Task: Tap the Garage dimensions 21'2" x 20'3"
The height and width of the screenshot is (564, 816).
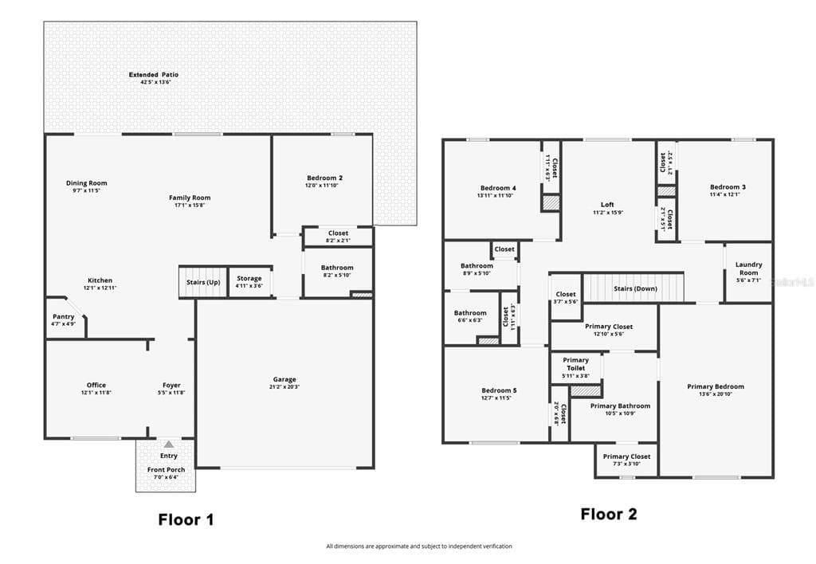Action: click(x=284, y=387)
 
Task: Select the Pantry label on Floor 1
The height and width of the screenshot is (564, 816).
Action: click(x=64, y=316)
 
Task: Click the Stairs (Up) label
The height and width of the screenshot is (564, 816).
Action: click(x=203, y=282)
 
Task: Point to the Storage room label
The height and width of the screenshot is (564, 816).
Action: click(x=249, y=279)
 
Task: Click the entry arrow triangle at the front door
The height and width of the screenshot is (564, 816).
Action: click(x=168, y=444)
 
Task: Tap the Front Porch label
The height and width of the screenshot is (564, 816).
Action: click(x=166, y=469)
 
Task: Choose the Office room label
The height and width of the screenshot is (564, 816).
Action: click(x=96, y=385)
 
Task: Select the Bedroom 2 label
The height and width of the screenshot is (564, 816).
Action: click(x=324, y=178)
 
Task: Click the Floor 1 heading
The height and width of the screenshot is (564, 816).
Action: click(x=186, y=520)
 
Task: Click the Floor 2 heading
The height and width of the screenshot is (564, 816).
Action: click(x=608, y=514)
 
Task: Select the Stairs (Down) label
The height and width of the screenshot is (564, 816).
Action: click(x=635, y=288)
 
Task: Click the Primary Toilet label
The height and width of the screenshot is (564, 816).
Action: click(x=575, y=364)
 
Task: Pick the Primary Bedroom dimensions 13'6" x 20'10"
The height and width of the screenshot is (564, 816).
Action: click(x=716, y=394)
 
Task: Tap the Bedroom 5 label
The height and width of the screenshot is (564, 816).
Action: click(x=499, y=390)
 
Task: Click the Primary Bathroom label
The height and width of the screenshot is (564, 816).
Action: click(x=620, y=405)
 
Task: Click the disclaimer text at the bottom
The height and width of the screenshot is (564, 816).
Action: click(x=418, y=546)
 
